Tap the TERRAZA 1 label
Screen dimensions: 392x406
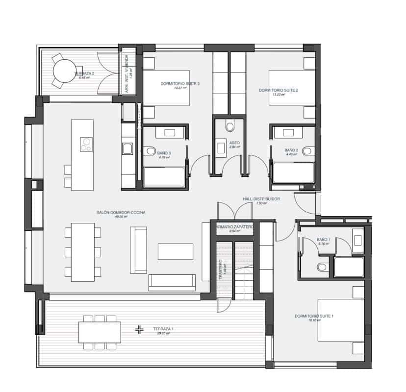tap(163, 329)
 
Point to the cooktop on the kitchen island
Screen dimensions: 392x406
tap(87, 144)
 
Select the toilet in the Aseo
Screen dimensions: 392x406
tap(229, 126)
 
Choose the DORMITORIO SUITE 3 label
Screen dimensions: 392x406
tap(180, 84)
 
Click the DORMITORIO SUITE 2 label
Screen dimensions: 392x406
tap(278, 91)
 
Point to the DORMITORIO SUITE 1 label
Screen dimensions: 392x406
tap(314, 316)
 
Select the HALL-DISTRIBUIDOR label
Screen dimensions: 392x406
tap(261, 199)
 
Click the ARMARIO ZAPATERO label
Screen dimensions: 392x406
tap(234, 227)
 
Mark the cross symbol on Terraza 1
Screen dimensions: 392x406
tap(140, 329)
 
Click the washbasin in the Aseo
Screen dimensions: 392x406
tap(219, 145)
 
